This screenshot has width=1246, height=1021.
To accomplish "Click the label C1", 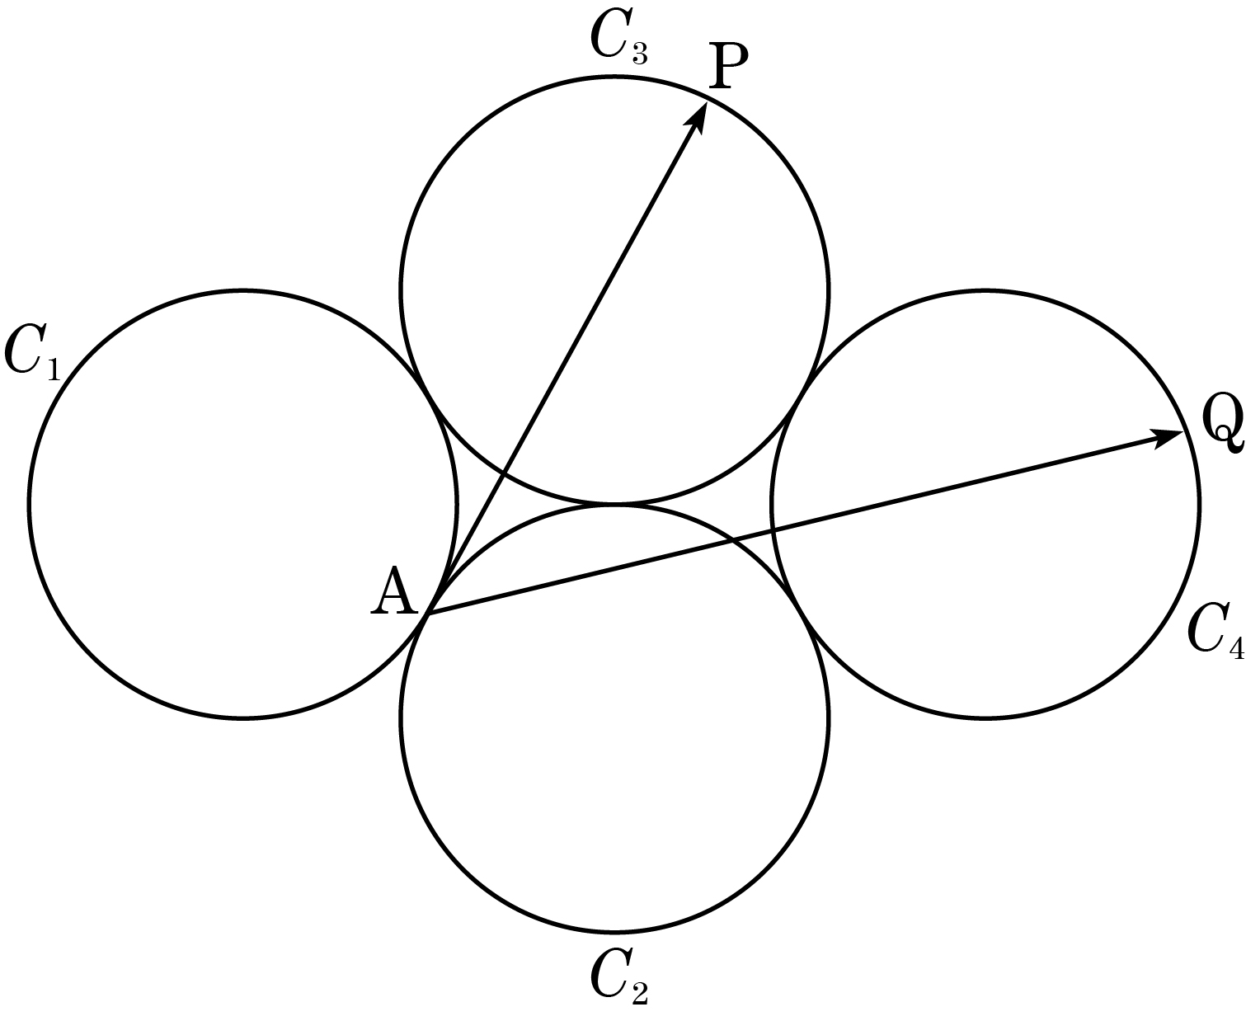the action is point(32,353).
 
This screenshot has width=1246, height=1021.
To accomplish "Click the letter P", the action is point(728,66).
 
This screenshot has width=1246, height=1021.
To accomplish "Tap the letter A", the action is point(395,591).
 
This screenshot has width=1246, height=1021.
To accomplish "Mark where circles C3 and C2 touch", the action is point(615,503).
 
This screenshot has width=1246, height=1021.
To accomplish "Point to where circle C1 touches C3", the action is point(429,396).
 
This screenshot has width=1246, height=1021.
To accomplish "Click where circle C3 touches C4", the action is point(801,396).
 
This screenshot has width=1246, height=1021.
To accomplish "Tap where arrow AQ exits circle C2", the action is point(732,539).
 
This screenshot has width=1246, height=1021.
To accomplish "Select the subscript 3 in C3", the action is point(639,53).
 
